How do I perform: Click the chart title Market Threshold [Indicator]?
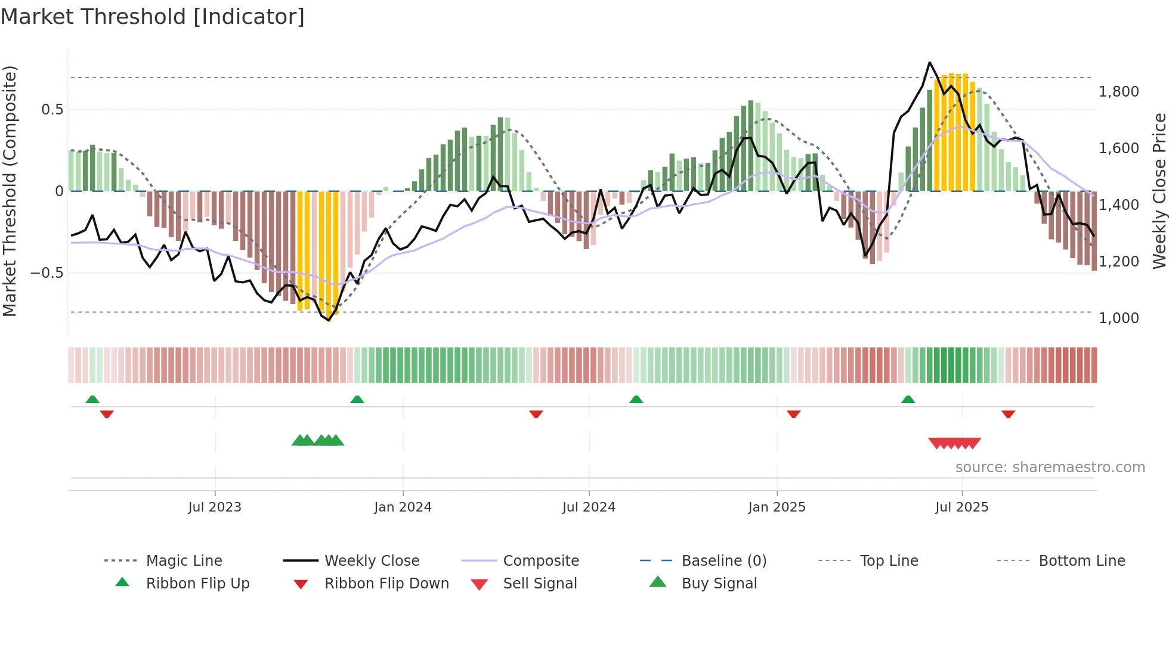[x=153, y=17]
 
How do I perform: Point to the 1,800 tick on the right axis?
[x=1118, y=92]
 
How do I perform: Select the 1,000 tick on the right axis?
[x=1118, y=318]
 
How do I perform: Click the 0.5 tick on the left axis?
[x=52, y=110]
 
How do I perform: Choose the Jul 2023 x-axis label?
[x=215, y=507]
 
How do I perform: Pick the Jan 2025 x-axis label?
[x=777, y=507]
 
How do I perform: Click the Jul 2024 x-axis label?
[x=589, y=507]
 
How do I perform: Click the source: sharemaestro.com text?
[x=1050, y=467]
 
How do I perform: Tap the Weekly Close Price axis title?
[x=1159, y=191]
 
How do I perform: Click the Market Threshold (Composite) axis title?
[x=10, y=191]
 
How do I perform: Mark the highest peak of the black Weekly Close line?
[x=929, y=63]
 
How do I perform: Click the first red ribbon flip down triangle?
[x=107, y=414]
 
